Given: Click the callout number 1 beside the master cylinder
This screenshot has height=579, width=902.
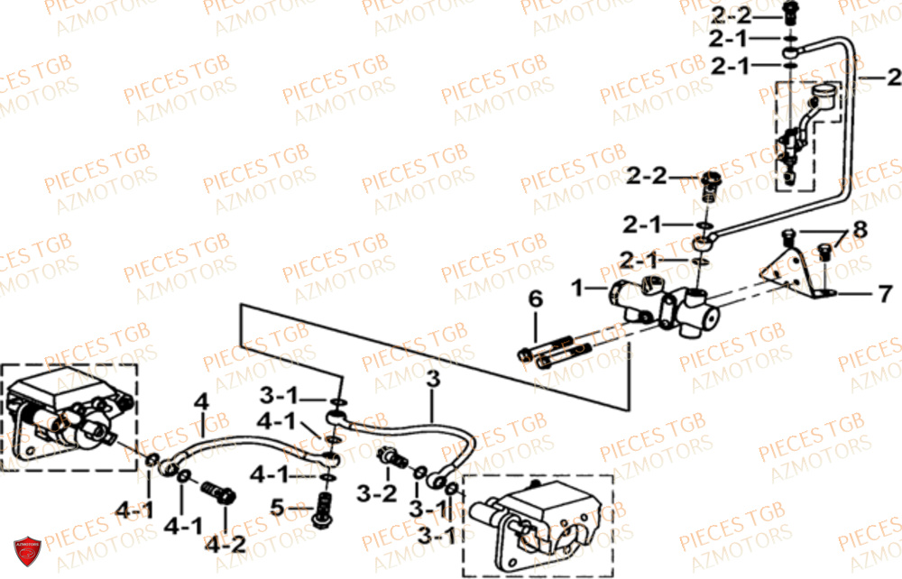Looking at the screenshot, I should coord(576,288).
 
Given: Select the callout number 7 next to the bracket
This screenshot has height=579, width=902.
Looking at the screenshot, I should coord(885,293).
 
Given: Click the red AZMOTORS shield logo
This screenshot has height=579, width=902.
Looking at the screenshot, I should coord(27,553).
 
